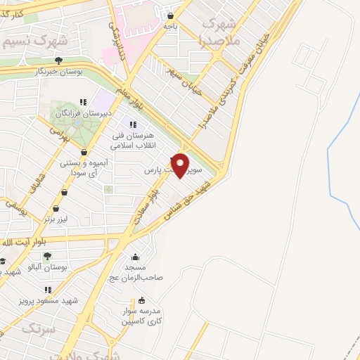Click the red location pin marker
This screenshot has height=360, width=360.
[x=181, y=165]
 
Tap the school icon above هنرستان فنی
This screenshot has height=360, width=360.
[x=133, y=124]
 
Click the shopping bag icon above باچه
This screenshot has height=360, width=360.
[x=170, y=15]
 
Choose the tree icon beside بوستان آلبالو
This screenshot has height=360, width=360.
[x=48, y=257]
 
